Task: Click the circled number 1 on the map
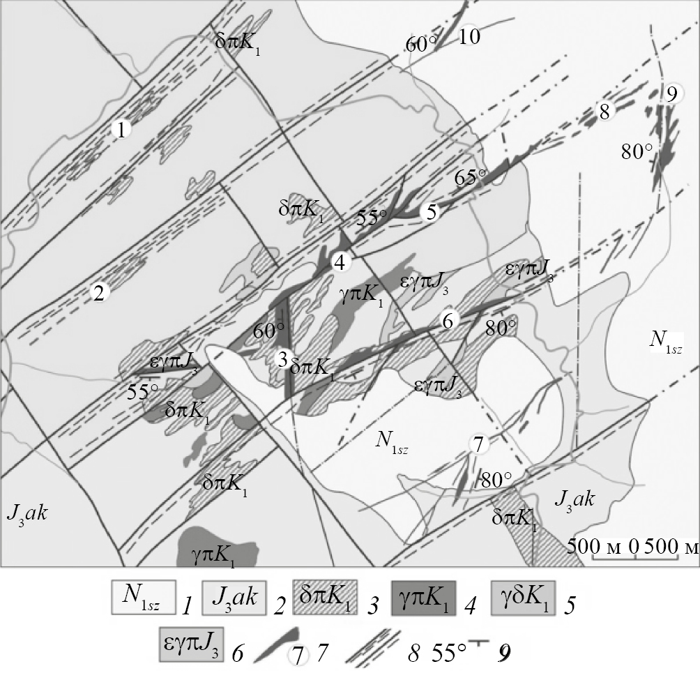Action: pyautogui.click(x=121, y=130)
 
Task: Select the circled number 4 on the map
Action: pyautogui.click(x=340, y=263)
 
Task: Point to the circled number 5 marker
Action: pyautogui.click(x=431, y=212)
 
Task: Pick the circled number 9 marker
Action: pyautogui.click(x=671, y=93)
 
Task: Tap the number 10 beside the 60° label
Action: pyautogui.click(x=470, y=36)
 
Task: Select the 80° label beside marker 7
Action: pyautogui.click(x=496, y=481)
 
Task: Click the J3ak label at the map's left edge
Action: pyautogui.click(x=27, y=514)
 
